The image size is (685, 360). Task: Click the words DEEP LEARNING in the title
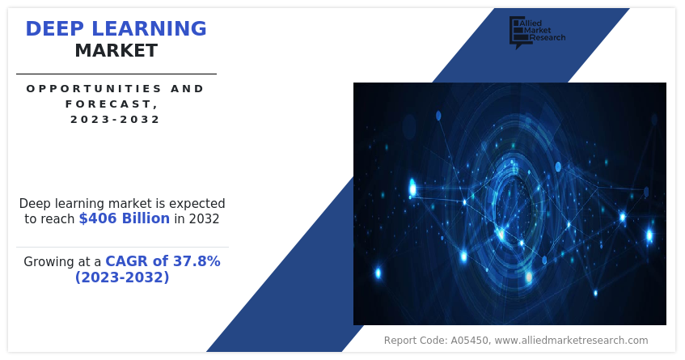pyautogui.click(x=116, y=28)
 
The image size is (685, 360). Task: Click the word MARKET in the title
pyautogui.click(x=116, y=51)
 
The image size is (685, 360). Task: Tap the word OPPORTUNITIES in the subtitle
pyautogui.click(x=93, y=88)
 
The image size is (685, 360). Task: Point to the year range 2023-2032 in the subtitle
pyautogui.click(x=116, y=119)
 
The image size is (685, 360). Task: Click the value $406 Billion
pyautogui.click(x=125, y=218)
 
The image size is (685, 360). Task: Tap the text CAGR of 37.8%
pyautogui.click(x=163, y=261)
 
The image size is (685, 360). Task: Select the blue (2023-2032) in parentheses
pyautogui.click(x=122, y=277)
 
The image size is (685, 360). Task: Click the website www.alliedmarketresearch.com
pyautogui.click(x=571, y=341)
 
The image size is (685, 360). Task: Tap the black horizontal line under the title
pyautogui.click(x=116, y=74)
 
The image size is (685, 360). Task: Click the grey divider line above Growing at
pyautogui.click(x=122, y=247)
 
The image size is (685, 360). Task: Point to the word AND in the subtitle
pyautogui.click(x=188, y=88)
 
